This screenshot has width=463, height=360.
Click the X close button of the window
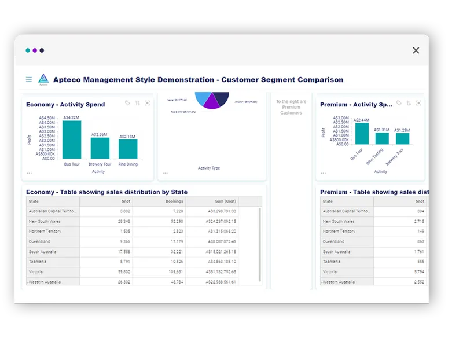(416, 50)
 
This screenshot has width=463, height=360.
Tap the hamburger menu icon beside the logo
(29, 80)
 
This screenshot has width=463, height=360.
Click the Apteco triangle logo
(43, 79)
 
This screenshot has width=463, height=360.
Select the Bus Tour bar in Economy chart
(72, 139)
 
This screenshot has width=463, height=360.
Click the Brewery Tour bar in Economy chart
(100, 148)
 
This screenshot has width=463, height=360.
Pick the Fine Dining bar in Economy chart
(128, 149)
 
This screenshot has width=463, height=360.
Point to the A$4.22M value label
(71, 117)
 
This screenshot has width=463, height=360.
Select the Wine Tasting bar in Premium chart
(382, 138)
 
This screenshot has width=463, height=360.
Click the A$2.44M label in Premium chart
(361, 120)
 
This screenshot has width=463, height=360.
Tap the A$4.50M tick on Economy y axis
(47, 118)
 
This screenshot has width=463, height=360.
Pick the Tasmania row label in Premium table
(333, 262)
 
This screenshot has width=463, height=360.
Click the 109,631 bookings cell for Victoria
(174, 271)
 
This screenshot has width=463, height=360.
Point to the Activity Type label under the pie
(209, 168)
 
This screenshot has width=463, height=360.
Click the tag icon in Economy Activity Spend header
(127, 103)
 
